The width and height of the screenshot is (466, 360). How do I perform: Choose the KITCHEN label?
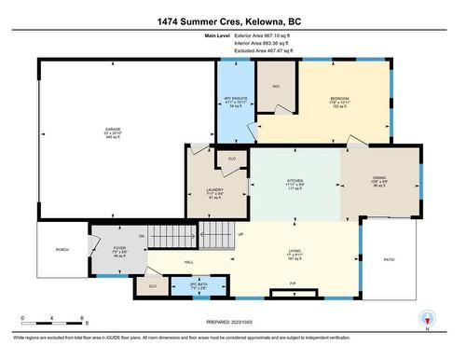tap(295, 181)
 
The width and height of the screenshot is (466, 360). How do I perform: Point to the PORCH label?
tap(62, 250)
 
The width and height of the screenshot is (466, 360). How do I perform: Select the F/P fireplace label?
tap(292, 284)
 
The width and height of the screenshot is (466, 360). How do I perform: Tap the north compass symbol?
tap(426, 318)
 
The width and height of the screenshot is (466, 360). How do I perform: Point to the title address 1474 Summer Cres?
tap(232, 20)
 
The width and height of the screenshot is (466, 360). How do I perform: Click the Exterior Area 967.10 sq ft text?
tap(263, 35)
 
